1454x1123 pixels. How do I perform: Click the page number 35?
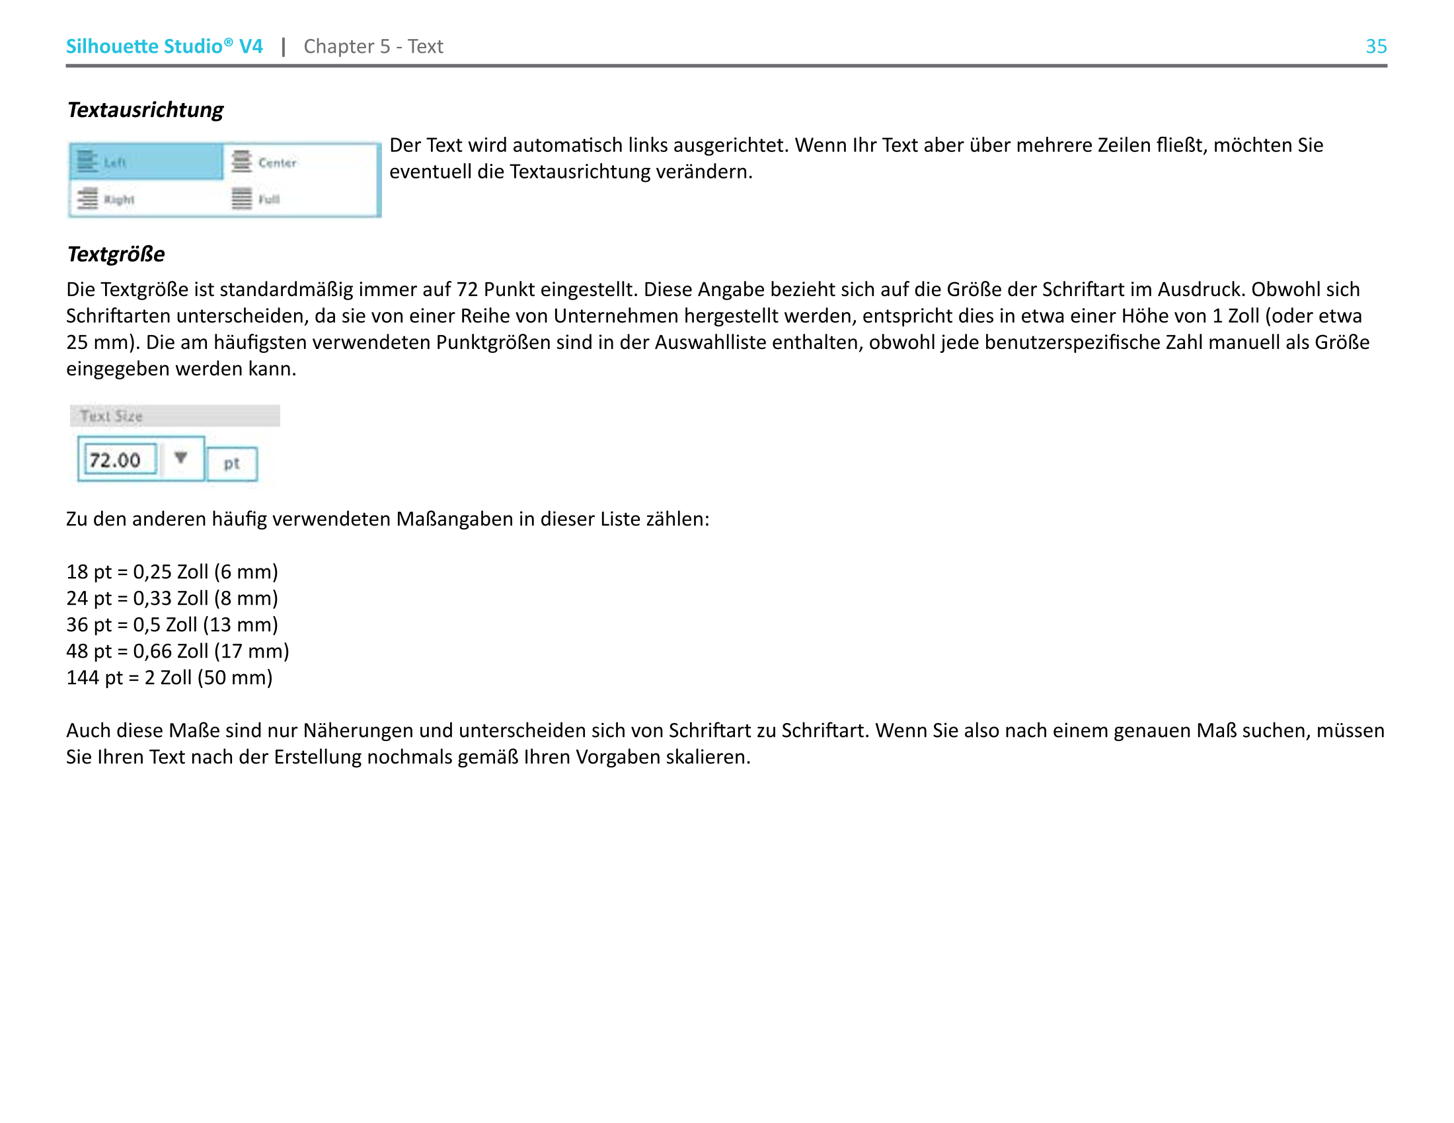point(1375,46)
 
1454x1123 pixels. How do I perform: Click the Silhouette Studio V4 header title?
point(164,46)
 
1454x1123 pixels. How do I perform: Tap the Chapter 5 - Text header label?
point(373,46)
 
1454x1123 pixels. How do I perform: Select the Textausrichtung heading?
point(145,110)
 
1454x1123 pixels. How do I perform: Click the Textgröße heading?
point(116,254)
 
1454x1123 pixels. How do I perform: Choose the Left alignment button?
point(146,162)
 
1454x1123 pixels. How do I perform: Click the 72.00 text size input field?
point(120,459)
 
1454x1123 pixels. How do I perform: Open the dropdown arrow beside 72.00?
point(180,457)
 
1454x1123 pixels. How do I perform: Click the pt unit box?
point(231,463)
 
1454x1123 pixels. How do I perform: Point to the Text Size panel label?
point(111,416)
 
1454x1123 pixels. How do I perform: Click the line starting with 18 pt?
point(172,572)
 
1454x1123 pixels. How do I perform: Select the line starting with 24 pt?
point(172,598)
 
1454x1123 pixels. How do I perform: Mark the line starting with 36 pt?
point(172,625)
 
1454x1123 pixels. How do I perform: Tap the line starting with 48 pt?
point(177,651)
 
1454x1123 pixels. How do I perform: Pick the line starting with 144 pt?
point(169,678)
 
